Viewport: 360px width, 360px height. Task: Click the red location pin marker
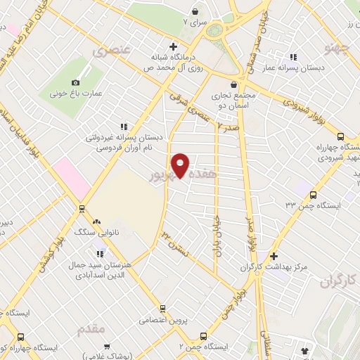tap(181, 165)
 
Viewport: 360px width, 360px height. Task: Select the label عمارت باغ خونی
tap(77, 93)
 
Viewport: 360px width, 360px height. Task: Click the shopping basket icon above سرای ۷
tap(196, 12)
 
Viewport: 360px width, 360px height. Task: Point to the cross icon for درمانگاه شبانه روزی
tap(163, 46)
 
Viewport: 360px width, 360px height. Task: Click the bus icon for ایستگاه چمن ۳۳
tap(314, 195)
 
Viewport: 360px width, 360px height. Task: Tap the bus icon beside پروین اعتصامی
tap(162, 308)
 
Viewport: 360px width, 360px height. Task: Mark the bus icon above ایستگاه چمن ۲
tap(203, 336)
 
